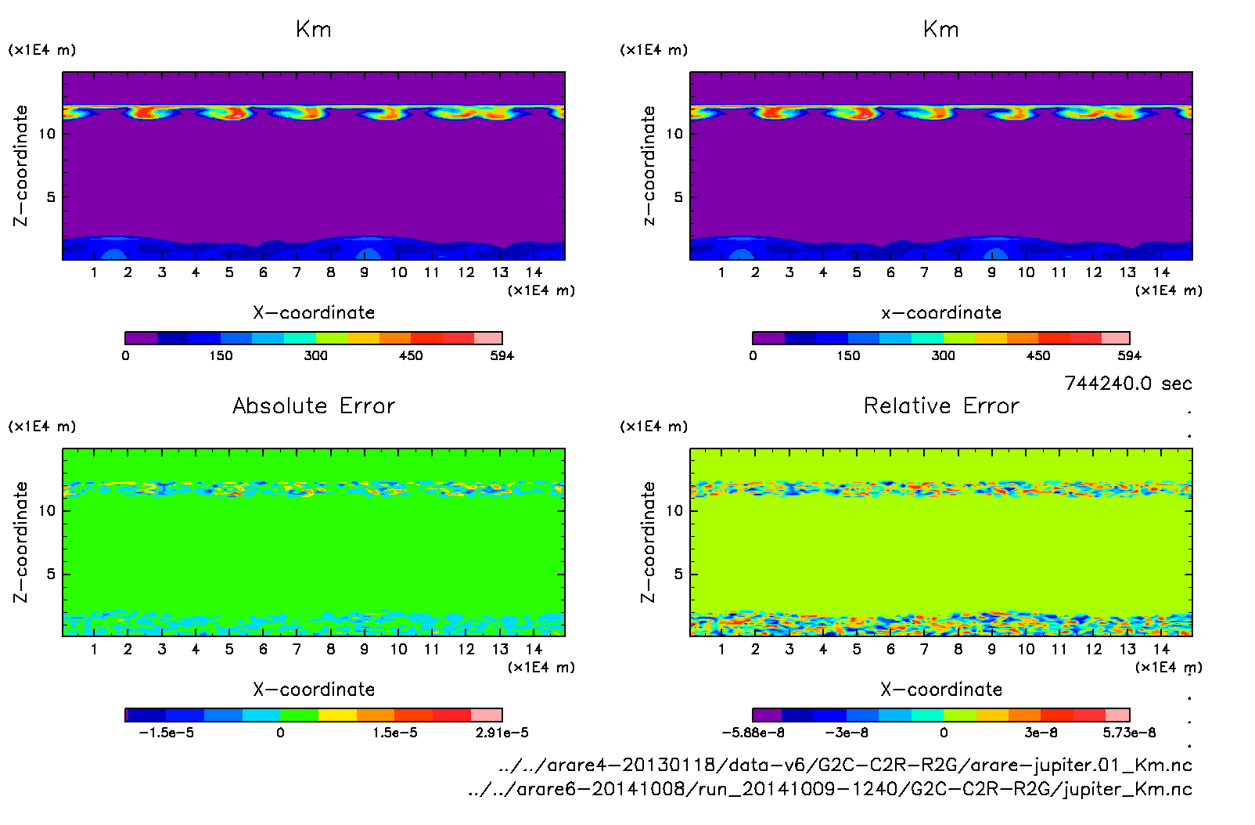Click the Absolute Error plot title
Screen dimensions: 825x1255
pyautogui.click(x=314, y=406)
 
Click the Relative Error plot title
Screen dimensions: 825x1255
pyautogui.click(x=941, y=406)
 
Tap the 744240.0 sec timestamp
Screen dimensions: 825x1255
pyautogui.click(x=1127, y=384)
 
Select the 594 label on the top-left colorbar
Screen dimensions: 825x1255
pyautogui.click(x=502, y=356)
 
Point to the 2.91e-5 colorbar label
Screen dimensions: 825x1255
pyautogui.click(x=502, y=733)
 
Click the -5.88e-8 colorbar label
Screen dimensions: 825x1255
pyautogui.click(x=753, y=733)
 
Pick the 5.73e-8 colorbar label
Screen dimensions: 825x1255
pyautogui.click(x=1129, y=733)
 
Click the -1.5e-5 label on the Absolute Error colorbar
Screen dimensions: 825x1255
pyautogui.click(x=166, y=733)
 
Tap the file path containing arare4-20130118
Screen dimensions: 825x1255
pyautogui.click(x=845, y=766)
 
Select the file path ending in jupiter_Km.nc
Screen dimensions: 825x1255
pyautogui.click(x=829, y=790)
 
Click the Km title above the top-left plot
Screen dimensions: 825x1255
pyautogui.click(x=314, y=30)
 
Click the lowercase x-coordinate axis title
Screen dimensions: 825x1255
pyautogui.click(x=941, y=313)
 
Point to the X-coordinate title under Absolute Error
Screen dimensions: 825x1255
pyautogui.click(x=314, y=690)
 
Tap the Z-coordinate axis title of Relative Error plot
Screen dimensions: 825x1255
pyautogui.click(x=648, y=542)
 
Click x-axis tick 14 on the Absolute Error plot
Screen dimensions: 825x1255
pyautogui.click(x=534, y=650)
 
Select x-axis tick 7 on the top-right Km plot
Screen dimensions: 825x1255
pyautogui.click(x=924, y=273)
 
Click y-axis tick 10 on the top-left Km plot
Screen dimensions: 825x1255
pyautogui.click(x=48, y=134)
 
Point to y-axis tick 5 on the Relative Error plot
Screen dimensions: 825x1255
pyautogui.click(x=678, y=575)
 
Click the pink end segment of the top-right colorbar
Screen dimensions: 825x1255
pyautogui.click(x=1116, y=338)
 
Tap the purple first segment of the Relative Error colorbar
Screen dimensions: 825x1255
pyautogui.click(x=767, y=715)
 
